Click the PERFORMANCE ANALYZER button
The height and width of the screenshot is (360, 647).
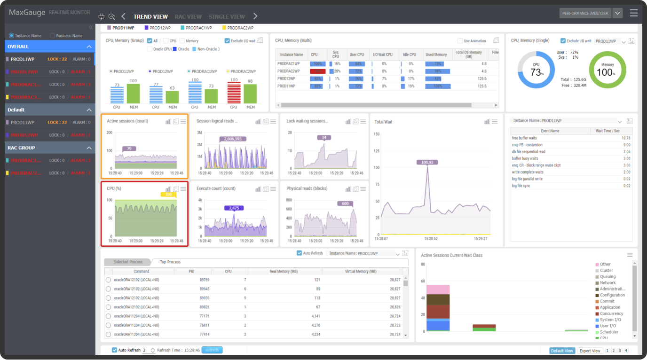(x=585, y=13)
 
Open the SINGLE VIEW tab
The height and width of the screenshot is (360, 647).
(x=227, y=16)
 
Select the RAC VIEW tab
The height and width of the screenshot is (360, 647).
(x=188, y=16)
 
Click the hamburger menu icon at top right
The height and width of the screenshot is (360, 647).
(x=634, y=13)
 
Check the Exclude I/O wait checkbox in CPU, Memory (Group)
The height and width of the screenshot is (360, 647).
(x=228, y=41)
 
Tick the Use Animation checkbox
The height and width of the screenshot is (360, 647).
(x=460, y=41)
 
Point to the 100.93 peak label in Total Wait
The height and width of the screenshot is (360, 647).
(x=427, y=162)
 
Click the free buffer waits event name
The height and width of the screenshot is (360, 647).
(x=524, y=138)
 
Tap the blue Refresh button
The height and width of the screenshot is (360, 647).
(x=212, y=350)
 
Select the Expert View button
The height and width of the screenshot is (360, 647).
(x=590, y=351)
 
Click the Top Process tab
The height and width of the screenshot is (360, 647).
(x=170, y=262)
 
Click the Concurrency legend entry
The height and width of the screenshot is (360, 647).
(x=611, y=313)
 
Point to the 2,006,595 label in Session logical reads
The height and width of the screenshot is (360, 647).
(x=232, y=139)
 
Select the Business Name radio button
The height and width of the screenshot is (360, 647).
(x=53, y=36)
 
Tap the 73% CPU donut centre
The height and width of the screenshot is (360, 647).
(x=536, y=70)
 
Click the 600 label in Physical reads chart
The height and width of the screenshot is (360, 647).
(x=345, y=203)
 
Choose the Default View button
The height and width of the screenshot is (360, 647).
(x=562, y=351)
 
